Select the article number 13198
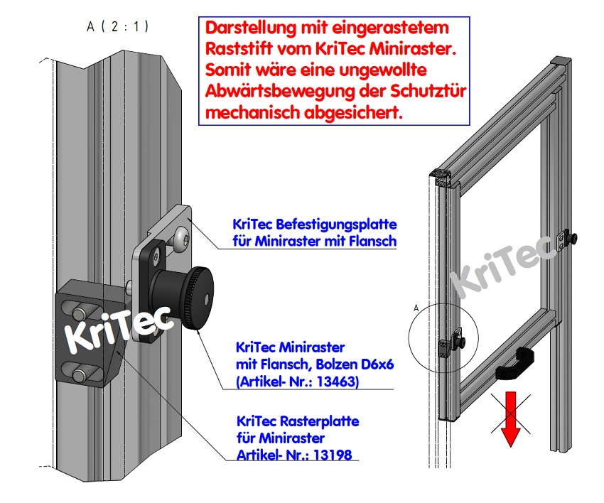[x=332, y=454]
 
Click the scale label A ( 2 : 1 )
[x=118, y=27]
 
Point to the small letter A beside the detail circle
[x=416, y=308]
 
